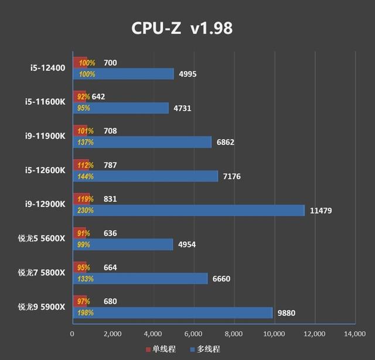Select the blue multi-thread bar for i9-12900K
tap(188, 210)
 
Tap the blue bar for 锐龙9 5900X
tap(172, 313)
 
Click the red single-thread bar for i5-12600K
tap(80, 165)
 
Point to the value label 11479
tap(321, 210)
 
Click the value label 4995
tap(190, 74)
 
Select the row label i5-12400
tap(49, 69)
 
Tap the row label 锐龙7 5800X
tap(42, 273)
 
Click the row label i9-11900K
tap(47, 137)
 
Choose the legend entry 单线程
tap(161, 349)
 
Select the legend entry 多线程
tap(204, 349)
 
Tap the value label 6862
tap(228, 142)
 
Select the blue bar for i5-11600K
tap(120, 108)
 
